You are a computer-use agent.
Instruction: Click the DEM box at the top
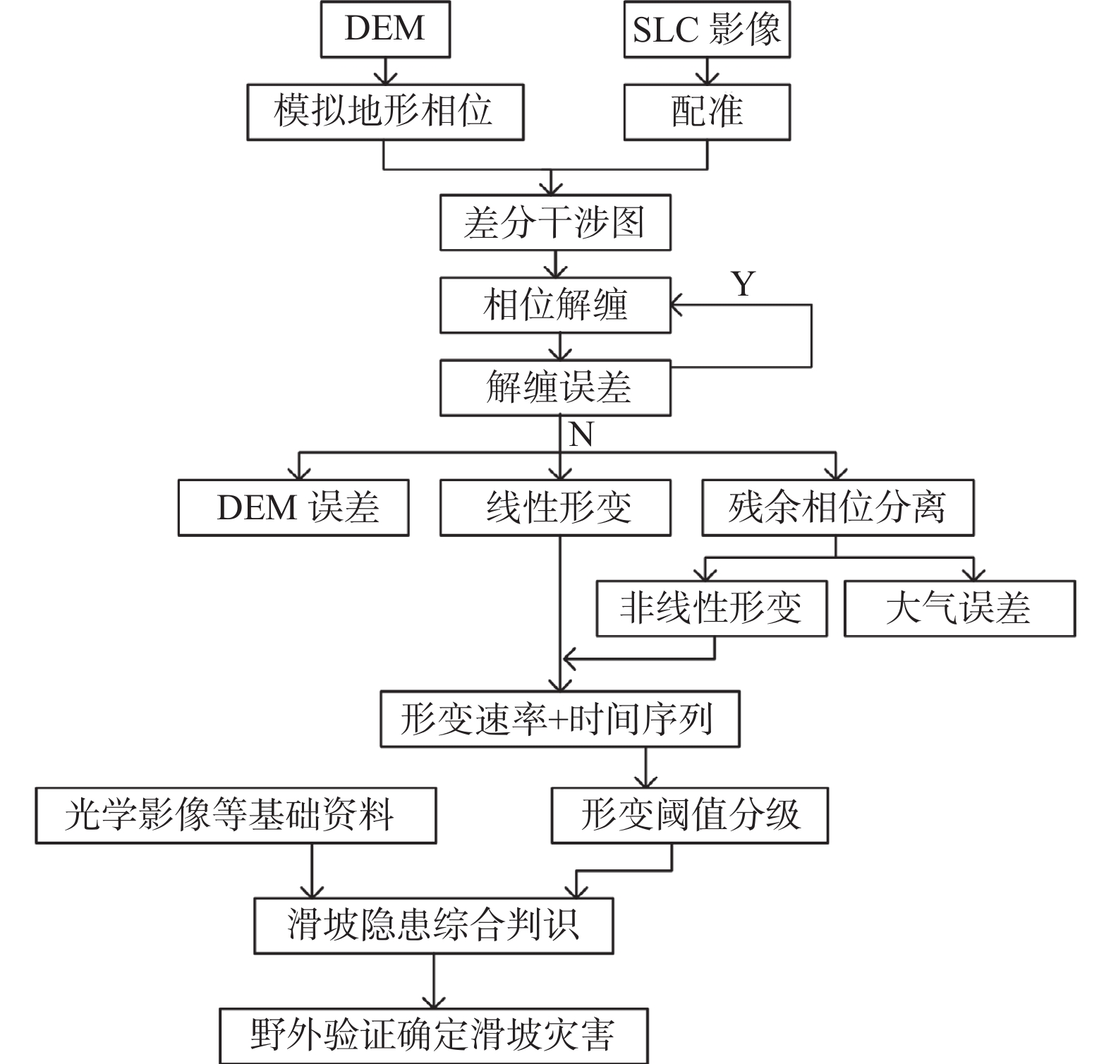tap(385, 29)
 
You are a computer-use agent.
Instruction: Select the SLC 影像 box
tap(707, 29)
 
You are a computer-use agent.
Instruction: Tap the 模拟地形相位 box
tap(385, 112)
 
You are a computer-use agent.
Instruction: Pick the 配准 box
tap(707, 112)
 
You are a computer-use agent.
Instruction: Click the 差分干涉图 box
tap(555, 223)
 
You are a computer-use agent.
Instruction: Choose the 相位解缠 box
tap(555, 306)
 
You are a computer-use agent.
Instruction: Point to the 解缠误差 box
tap(555, 388)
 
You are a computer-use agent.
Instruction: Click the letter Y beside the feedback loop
tap(743, 284)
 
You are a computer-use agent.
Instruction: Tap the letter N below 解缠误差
tap(581, 435)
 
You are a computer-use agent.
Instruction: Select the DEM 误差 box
tap(293, 508)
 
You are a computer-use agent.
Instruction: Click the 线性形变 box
tap(555, 508)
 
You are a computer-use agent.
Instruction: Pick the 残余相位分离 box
tap(837, 508)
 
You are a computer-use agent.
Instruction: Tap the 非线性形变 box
tap(712, 608)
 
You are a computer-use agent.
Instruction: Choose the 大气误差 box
tap(959, 608)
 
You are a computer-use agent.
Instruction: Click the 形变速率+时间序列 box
tap(559, 719)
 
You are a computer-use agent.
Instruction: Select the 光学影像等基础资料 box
tap(236, 816)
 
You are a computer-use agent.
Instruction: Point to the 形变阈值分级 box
tap(689, 816)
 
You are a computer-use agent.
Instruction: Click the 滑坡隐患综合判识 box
tap(433, 926)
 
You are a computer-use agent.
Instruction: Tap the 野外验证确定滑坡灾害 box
tap(433, 1035)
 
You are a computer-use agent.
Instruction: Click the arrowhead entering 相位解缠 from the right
tap(676, 306)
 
